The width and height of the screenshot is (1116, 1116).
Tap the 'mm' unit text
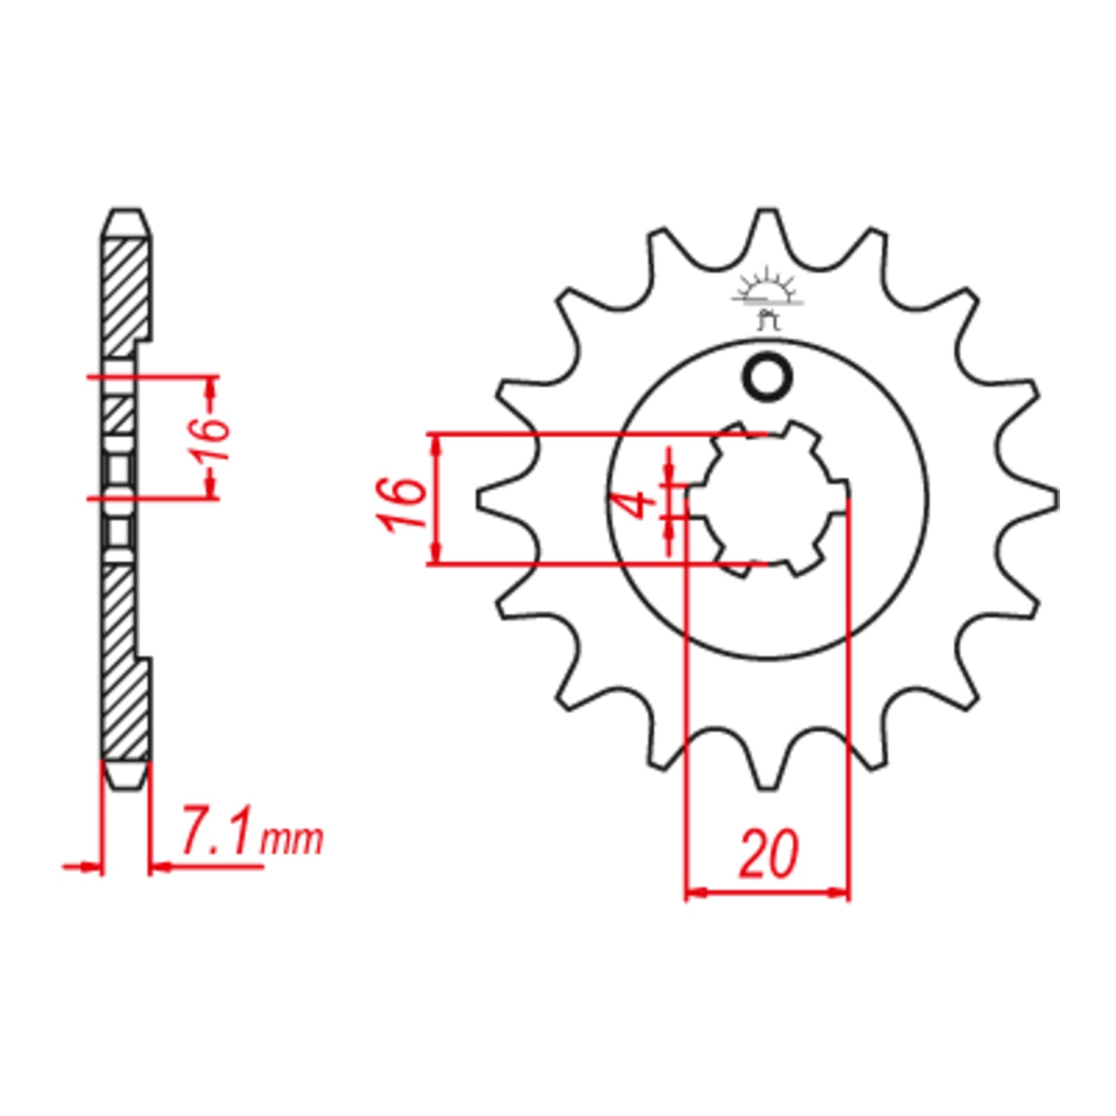point(292,840)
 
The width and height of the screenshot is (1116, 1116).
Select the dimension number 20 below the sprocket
point(768,854)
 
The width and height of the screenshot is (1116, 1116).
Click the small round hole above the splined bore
point(768,377)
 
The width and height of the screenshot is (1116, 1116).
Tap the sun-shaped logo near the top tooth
point(767,289)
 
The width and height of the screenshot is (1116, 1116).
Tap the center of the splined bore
point(768,499)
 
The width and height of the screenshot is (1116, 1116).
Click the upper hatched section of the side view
point(126,293)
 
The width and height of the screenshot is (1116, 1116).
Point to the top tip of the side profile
point(126,211)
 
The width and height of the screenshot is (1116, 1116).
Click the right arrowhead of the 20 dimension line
point(840,892)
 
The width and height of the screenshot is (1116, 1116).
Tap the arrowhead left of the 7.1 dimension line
point(91,867)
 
